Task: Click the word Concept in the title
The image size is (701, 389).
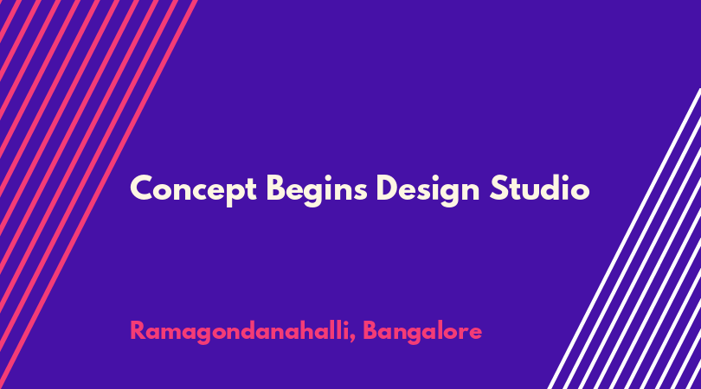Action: coord(193,189)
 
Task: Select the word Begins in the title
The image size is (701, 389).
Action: coord(317,189)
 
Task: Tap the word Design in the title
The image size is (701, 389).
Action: coord(428,189)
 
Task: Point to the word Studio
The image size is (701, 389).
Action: coord(540,188)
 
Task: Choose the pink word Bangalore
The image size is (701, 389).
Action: coord(422,331)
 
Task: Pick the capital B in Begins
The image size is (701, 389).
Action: coord(276,188)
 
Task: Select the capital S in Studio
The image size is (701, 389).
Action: coord(499,188)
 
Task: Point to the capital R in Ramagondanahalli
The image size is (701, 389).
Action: coord(138,330)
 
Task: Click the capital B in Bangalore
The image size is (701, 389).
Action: coord(370,330)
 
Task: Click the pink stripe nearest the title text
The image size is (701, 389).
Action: coord(99,194)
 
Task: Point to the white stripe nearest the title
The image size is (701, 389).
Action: coord(625,239)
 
